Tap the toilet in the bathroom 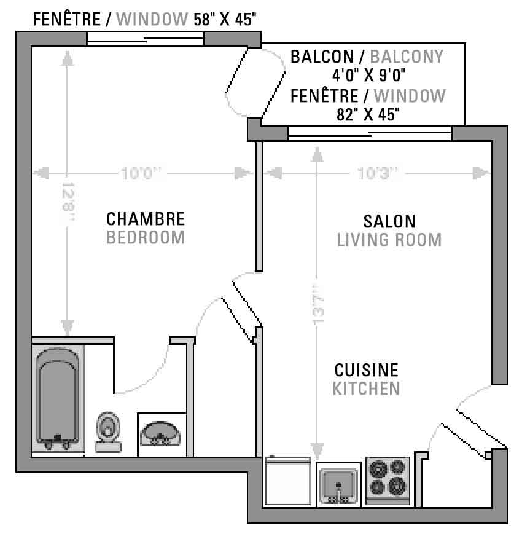pyautogui.click(x=108, y=432)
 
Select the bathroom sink pyautogui.click(x=160, y=434)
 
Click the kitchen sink pyautogui.click(x=338, y=485)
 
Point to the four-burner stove pyautogui.click(x=388, y=481)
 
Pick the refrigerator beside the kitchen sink pyautogui.click(x=287, y=481)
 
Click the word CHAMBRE pyautogui.click(x=146, y=219)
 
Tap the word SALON pyautogui.click(x=389, y=221)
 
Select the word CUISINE pyautogui.click(x=366, y=370)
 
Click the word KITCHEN pyautogui.click(x=366, y=388)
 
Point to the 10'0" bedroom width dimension pyautogui.click(x=141, y=173)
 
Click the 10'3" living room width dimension pyautogui.click(x=378, y=173)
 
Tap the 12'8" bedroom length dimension pyautogui.click(x=68, y=202)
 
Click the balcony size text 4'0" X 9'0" pyautogui.click(x=368, y=75)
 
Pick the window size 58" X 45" pyautogui.click(x=225, y=19)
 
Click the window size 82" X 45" pyautogui.click(x=368, y=114)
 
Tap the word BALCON pyautogui.click(x=322, y=57)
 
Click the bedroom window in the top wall pyautogui.click(x=145, y=39)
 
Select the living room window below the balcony pyautogui.click(x=370, y=133)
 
